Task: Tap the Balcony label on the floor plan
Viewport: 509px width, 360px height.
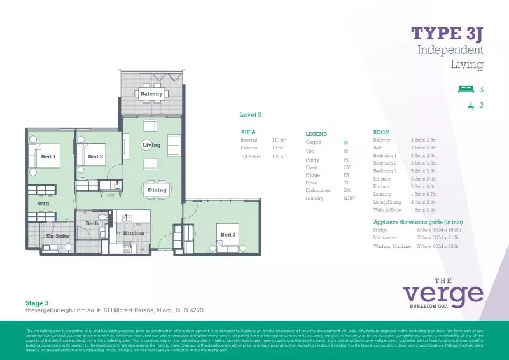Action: tap(151, 94)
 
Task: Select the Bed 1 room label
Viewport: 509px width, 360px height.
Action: tap(48, 156)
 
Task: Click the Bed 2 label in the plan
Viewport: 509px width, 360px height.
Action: tap(95, 156)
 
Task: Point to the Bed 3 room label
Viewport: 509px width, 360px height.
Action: tap(228, 234)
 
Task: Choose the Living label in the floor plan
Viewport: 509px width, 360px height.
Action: tap(151, 145)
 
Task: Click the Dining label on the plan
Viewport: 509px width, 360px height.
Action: tap(157, 190)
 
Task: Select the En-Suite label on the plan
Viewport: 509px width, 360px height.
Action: tap(57, 236)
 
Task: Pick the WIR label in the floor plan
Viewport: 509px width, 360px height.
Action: tap(43, 204)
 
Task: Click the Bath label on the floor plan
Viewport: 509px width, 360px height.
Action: tap(92, 223)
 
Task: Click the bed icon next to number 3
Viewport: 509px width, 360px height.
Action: tap(466, 90)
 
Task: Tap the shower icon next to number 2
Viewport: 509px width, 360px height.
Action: tap(471, 106)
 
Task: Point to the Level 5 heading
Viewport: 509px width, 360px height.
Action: tap(250, 114)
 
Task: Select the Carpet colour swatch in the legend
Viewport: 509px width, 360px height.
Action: tap(345, 142)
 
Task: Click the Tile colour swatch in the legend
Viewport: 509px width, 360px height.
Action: tap(345, 151)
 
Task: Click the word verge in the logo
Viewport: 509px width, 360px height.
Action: tap(443, 294)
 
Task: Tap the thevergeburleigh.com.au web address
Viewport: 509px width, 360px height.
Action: tap(59, 310)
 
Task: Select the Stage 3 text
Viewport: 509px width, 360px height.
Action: tap(37, 303)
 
